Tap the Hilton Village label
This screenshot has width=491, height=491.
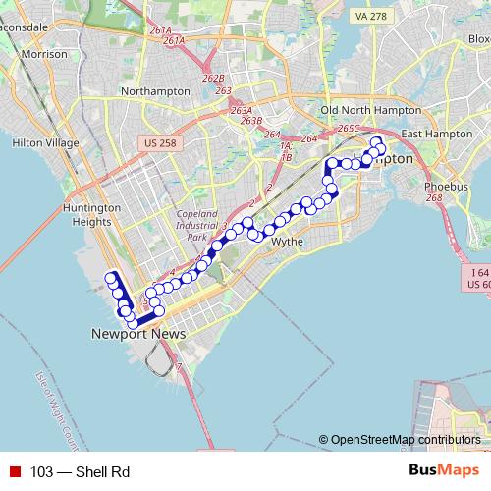pos(44,142)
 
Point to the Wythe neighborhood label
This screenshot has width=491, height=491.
pos(287,241)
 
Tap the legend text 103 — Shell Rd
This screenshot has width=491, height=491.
pos(80,472)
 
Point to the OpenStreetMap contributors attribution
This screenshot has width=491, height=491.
pos(406,440)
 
